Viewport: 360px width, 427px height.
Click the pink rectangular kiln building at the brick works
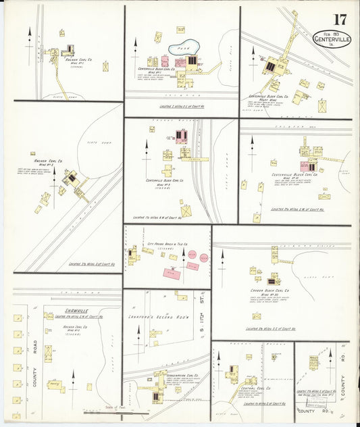[171, 272]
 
